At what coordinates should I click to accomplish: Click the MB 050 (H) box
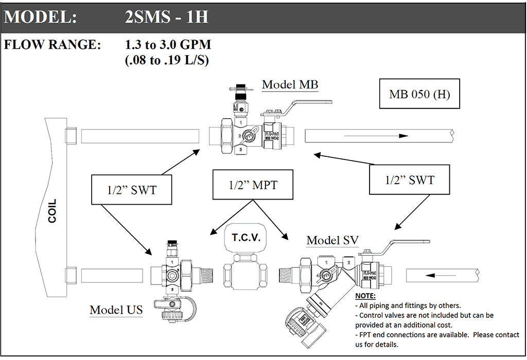click(x=419, y=94)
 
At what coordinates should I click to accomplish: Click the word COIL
click(x=52, y=211)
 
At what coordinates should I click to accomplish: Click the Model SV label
click(x=332, y=240)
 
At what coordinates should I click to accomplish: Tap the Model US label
click(x=116, y=310)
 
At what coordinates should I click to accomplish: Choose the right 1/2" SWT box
click(x=410, y=180)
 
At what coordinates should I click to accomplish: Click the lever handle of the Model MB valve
click(x=304, y=105)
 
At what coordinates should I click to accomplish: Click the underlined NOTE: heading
click(x=366, y=296)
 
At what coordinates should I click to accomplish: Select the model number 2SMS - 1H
click(x=166, y=18)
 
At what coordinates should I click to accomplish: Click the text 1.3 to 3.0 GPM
click(x=168, y=45)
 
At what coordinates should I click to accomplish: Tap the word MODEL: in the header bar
click(x=41, y=18)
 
